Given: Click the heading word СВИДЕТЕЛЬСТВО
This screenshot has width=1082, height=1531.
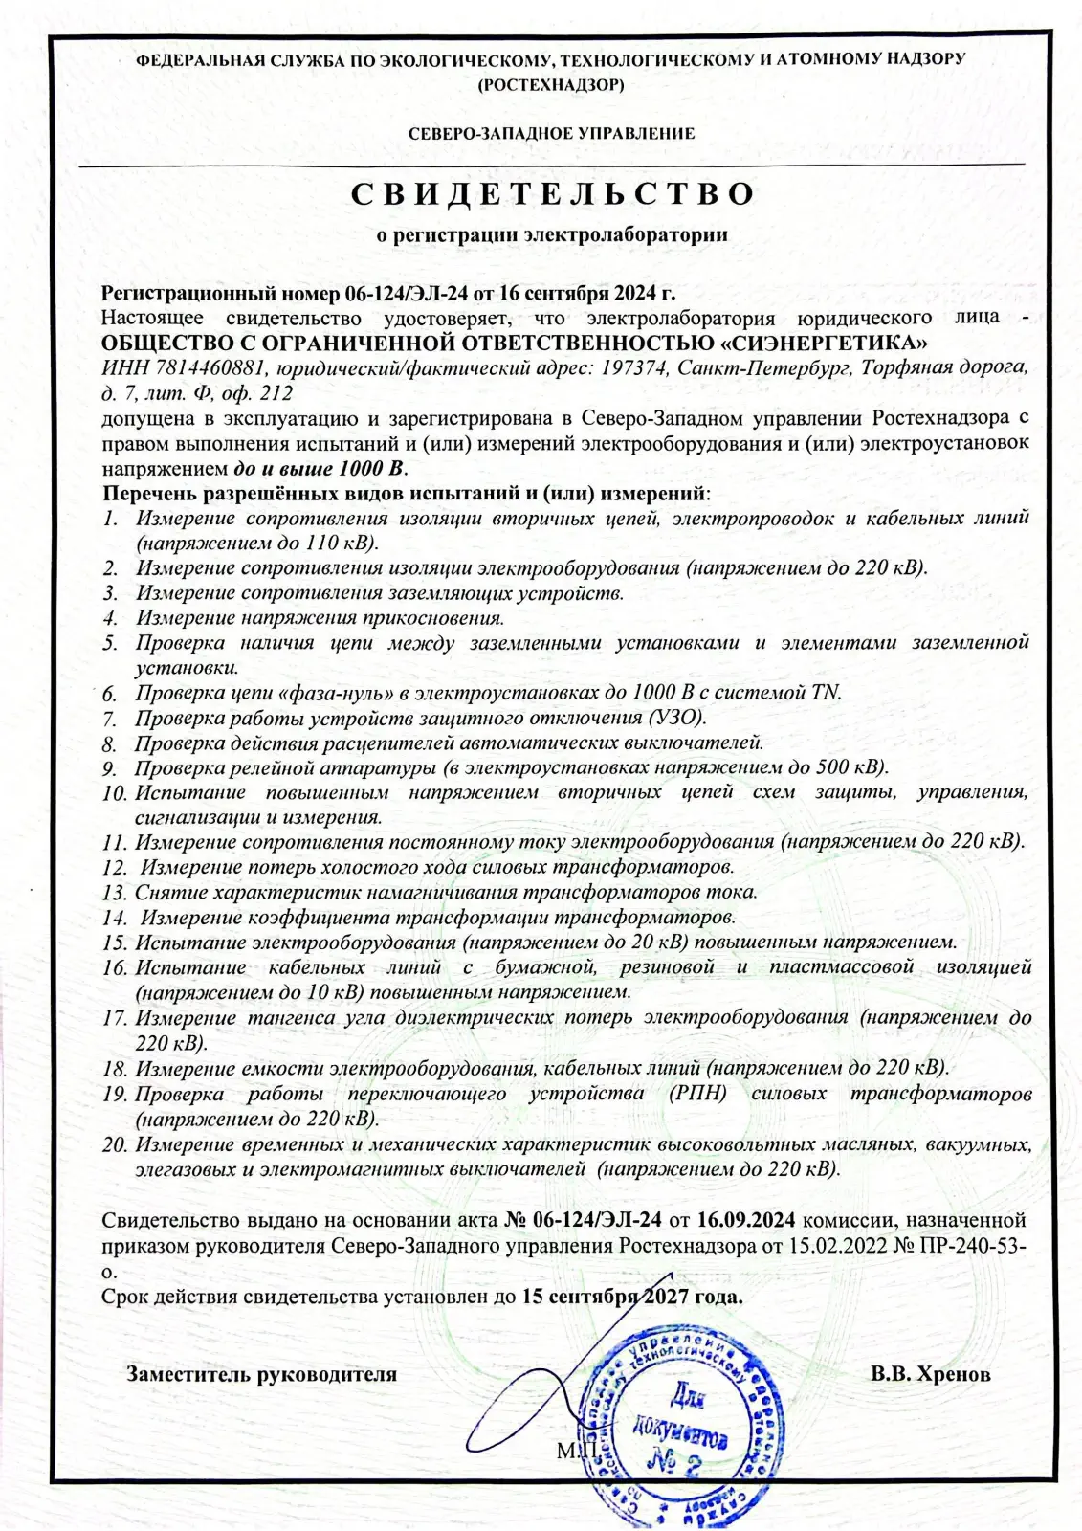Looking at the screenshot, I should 551,194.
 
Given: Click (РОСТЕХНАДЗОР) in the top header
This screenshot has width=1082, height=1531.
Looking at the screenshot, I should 550,84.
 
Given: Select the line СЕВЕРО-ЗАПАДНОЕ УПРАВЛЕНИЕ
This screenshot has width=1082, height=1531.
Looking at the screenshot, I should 551,134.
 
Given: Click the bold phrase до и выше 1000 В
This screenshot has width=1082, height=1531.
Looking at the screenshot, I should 320,469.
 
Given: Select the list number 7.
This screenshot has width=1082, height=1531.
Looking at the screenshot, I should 111,718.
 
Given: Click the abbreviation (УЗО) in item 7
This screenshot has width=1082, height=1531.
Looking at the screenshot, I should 677,717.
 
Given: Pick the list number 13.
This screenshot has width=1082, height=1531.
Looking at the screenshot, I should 116,893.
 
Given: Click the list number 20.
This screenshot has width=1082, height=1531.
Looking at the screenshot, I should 116,1144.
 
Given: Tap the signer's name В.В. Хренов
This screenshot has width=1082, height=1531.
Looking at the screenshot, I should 930,1374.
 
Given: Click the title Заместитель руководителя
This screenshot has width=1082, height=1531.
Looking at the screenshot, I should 262,1374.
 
